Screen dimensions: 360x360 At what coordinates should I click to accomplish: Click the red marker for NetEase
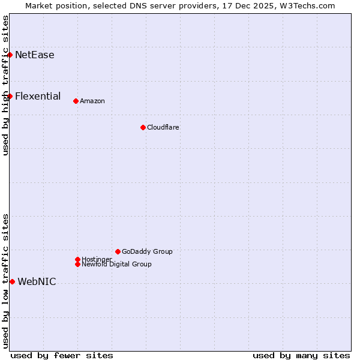tap(10, 55)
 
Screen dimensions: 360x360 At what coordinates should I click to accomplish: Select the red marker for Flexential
tap(10, 96)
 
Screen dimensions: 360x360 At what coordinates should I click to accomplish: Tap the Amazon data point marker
tap(76, 101)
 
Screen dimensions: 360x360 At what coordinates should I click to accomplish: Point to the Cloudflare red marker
tap(143, 127)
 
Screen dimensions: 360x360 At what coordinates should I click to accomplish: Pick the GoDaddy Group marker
tap(118, 251)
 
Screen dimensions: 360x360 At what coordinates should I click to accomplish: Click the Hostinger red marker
tap(77, 259)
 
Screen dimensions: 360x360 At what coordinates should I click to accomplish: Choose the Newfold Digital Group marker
tap(77, 264)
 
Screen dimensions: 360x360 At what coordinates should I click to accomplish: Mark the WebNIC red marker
tap(12, 281)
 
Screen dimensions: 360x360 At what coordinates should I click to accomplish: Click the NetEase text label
tap(35, 55)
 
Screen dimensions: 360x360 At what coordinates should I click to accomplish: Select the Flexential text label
tap(38, 96)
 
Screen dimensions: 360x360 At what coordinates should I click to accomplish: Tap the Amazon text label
tap(92, 101)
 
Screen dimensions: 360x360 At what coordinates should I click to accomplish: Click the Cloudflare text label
tap(163, 127)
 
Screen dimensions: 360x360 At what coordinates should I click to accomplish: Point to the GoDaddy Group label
tap(147, 251)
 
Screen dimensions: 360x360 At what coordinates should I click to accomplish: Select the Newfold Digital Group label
tap(116, 265)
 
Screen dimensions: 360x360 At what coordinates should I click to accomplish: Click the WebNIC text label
tap(37, 282)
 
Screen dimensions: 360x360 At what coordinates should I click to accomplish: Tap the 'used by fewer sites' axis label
tap(62, 355)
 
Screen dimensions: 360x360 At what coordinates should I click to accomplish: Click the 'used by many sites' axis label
tap(301, 355)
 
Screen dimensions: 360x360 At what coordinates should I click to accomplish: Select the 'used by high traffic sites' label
tap(6, 85)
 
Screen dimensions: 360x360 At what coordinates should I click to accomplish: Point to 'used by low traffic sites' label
tap(6, 281)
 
